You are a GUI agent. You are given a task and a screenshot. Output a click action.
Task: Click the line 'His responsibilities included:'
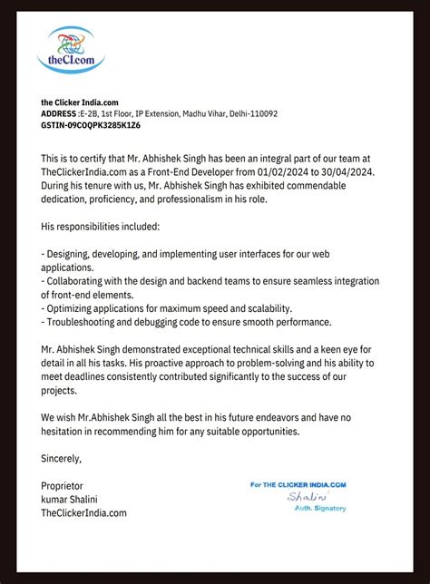[107, 224]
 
